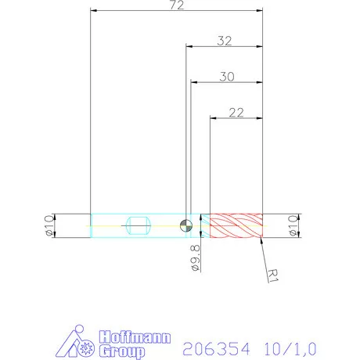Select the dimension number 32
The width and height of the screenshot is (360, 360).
224,41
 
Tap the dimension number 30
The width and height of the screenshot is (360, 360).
227,76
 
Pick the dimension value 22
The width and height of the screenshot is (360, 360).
236,112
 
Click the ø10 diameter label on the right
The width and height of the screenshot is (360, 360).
293,225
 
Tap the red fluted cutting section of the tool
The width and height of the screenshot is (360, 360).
235,225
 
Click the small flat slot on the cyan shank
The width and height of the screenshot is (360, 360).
138,225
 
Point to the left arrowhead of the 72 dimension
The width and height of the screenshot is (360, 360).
94,11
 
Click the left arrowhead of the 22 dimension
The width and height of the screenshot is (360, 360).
214,118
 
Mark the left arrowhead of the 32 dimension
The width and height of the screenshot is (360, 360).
189,47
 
